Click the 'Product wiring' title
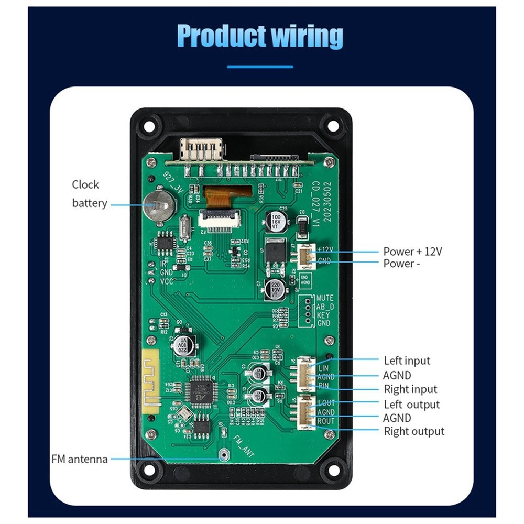tap(260, 36)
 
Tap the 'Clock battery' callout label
tap(89, 194)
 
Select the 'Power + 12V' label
tap(412, 252)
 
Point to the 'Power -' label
tap(401, 264)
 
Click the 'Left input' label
tap(407, 361)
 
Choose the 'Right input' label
tap(410, 389)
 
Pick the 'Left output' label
tap(411, 405)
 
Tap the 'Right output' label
tap(414, 431)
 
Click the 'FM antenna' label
tap(80, 459)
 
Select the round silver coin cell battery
tap(159, 204)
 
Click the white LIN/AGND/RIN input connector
tap(305, 374)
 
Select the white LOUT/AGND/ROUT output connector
tap(305, 412)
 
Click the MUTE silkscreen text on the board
tap(325, 298)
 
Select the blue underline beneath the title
tap(260, 67)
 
